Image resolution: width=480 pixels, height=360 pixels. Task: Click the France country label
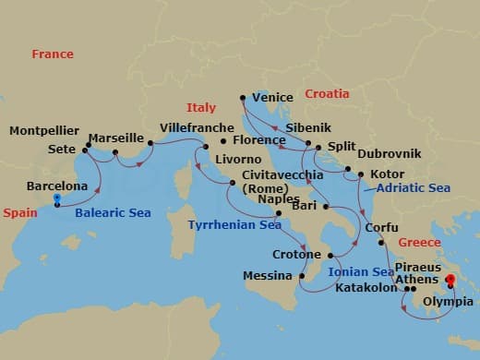click(x=53, y=54)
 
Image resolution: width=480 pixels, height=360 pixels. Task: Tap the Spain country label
click(x=20, y=212)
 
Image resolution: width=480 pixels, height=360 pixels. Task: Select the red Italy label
click(x=200, y=108)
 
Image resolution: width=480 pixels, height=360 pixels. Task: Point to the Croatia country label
click(x=328, y=94)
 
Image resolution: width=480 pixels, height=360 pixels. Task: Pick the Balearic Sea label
click(x=113, y=213)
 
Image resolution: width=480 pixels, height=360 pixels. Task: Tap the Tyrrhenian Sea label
click(x=234, y=224)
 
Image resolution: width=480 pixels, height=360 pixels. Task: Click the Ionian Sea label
click(x=361, y=272)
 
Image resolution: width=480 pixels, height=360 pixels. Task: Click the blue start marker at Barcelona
click(x=57, y=198)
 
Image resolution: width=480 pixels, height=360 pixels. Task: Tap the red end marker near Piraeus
click(x=450, y=280)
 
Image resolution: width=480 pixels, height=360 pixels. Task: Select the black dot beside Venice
click(x=242, y=97)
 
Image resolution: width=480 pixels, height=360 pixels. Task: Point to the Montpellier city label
click(x=44, y=131)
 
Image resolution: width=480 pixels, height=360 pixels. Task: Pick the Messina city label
click(x=268, y=276)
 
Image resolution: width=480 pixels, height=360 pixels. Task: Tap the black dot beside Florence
click(x=222, y=141)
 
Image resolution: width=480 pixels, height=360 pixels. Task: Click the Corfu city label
click(x=382, y=228)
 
